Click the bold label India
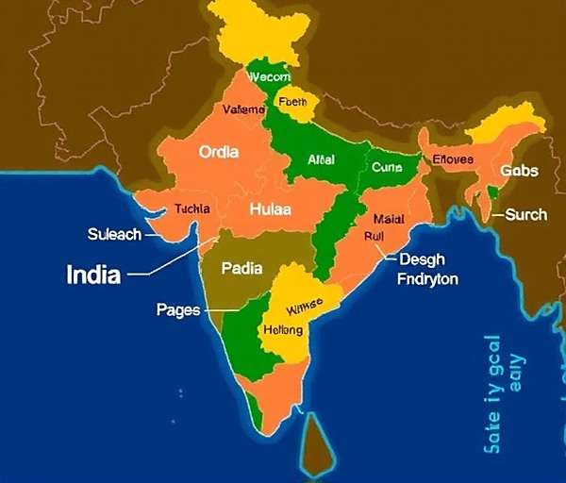[93, 275]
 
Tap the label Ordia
[218, 151]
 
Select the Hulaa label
[269, 211]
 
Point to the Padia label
[241, 268]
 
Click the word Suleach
[114, 234]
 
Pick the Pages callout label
[178, 308]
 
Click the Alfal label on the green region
[322, 160]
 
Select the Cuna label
[387, 167]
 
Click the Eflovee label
[453, 159]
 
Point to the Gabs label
[520, 171]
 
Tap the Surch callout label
[525, 214]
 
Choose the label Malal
[388, 219]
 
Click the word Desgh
[423, 259]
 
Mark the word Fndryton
[427, 279]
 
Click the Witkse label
[305, 305]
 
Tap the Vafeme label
[244, 109]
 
